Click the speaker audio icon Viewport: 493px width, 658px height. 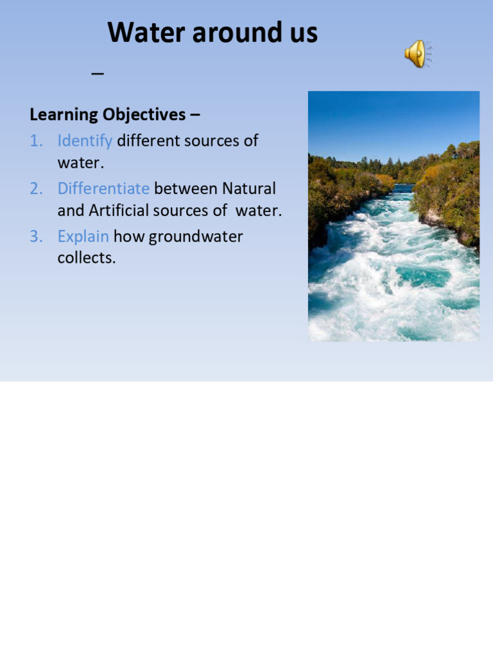418,53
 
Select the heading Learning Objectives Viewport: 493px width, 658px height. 107,115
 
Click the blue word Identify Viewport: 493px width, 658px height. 85,141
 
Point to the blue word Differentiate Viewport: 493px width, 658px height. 103,189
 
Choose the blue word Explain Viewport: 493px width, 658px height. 83,236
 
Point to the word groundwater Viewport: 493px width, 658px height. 196,236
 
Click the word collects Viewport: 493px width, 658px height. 87,258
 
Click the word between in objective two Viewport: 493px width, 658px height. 186,189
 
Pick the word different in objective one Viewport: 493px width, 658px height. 148,141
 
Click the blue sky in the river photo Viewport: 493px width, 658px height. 393,122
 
